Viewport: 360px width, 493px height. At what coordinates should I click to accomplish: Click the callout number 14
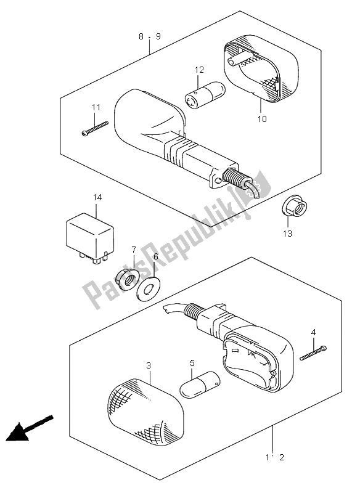pos(97,197)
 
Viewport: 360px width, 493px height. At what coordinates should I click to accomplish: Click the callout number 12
pos(199,70)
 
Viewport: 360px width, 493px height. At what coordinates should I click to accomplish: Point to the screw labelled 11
pos(95,128)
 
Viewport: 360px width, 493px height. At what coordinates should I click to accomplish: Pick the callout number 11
pos(96,107)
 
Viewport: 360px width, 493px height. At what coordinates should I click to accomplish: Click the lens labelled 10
pos(261,71)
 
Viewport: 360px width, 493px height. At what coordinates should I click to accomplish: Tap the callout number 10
pos(262,119)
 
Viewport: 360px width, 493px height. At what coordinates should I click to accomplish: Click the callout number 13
pos(287,234)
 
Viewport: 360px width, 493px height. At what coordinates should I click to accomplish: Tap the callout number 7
pos(134,250)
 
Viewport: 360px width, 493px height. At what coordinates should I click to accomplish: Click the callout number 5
pos(192,363)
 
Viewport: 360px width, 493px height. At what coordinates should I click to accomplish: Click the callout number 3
pos(149,365)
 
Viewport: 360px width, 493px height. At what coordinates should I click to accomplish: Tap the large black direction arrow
pos(29,429)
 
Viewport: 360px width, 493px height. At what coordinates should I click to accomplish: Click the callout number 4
pos(314,332)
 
